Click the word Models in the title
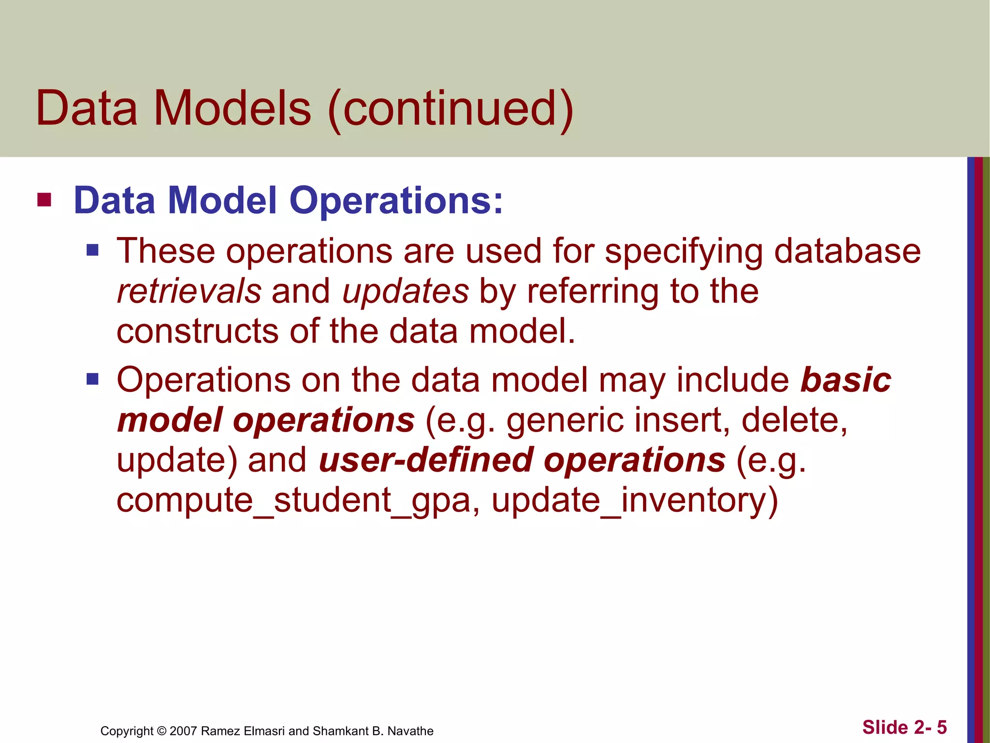click(233, 108)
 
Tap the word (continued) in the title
click(450, 109)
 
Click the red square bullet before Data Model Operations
click(44, 200)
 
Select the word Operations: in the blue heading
click(396, 201)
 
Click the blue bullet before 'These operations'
click(92, 250)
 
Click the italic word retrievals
click(189, 292)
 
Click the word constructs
click(197, 331)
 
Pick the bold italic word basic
click(845, 380)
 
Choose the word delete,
click(794, 420)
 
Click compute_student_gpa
click(293, 501)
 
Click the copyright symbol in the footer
click(162, 731)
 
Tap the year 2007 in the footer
click(183, 731)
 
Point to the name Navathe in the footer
click(410, 731)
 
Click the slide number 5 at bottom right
click(942, 728)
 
